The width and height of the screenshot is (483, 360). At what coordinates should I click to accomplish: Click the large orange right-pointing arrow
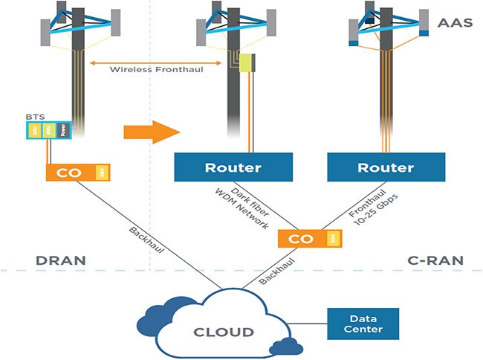click(152, 132)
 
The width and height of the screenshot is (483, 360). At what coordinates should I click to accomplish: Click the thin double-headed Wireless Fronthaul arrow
click(158, 60)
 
